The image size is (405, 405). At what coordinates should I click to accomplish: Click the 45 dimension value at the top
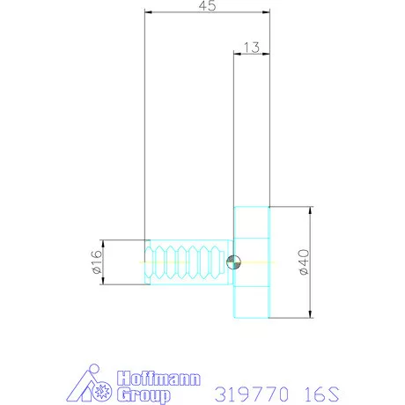point(208,6)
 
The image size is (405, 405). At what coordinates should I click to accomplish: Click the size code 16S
point(320,389)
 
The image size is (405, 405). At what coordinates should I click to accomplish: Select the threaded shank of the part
point(188,261)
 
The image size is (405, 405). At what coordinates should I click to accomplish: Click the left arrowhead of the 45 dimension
point(149,13)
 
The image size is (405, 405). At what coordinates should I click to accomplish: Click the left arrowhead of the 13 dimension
point(237,54)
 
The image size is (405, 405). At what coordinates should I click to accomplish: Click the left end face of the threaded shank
point(146,261)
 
